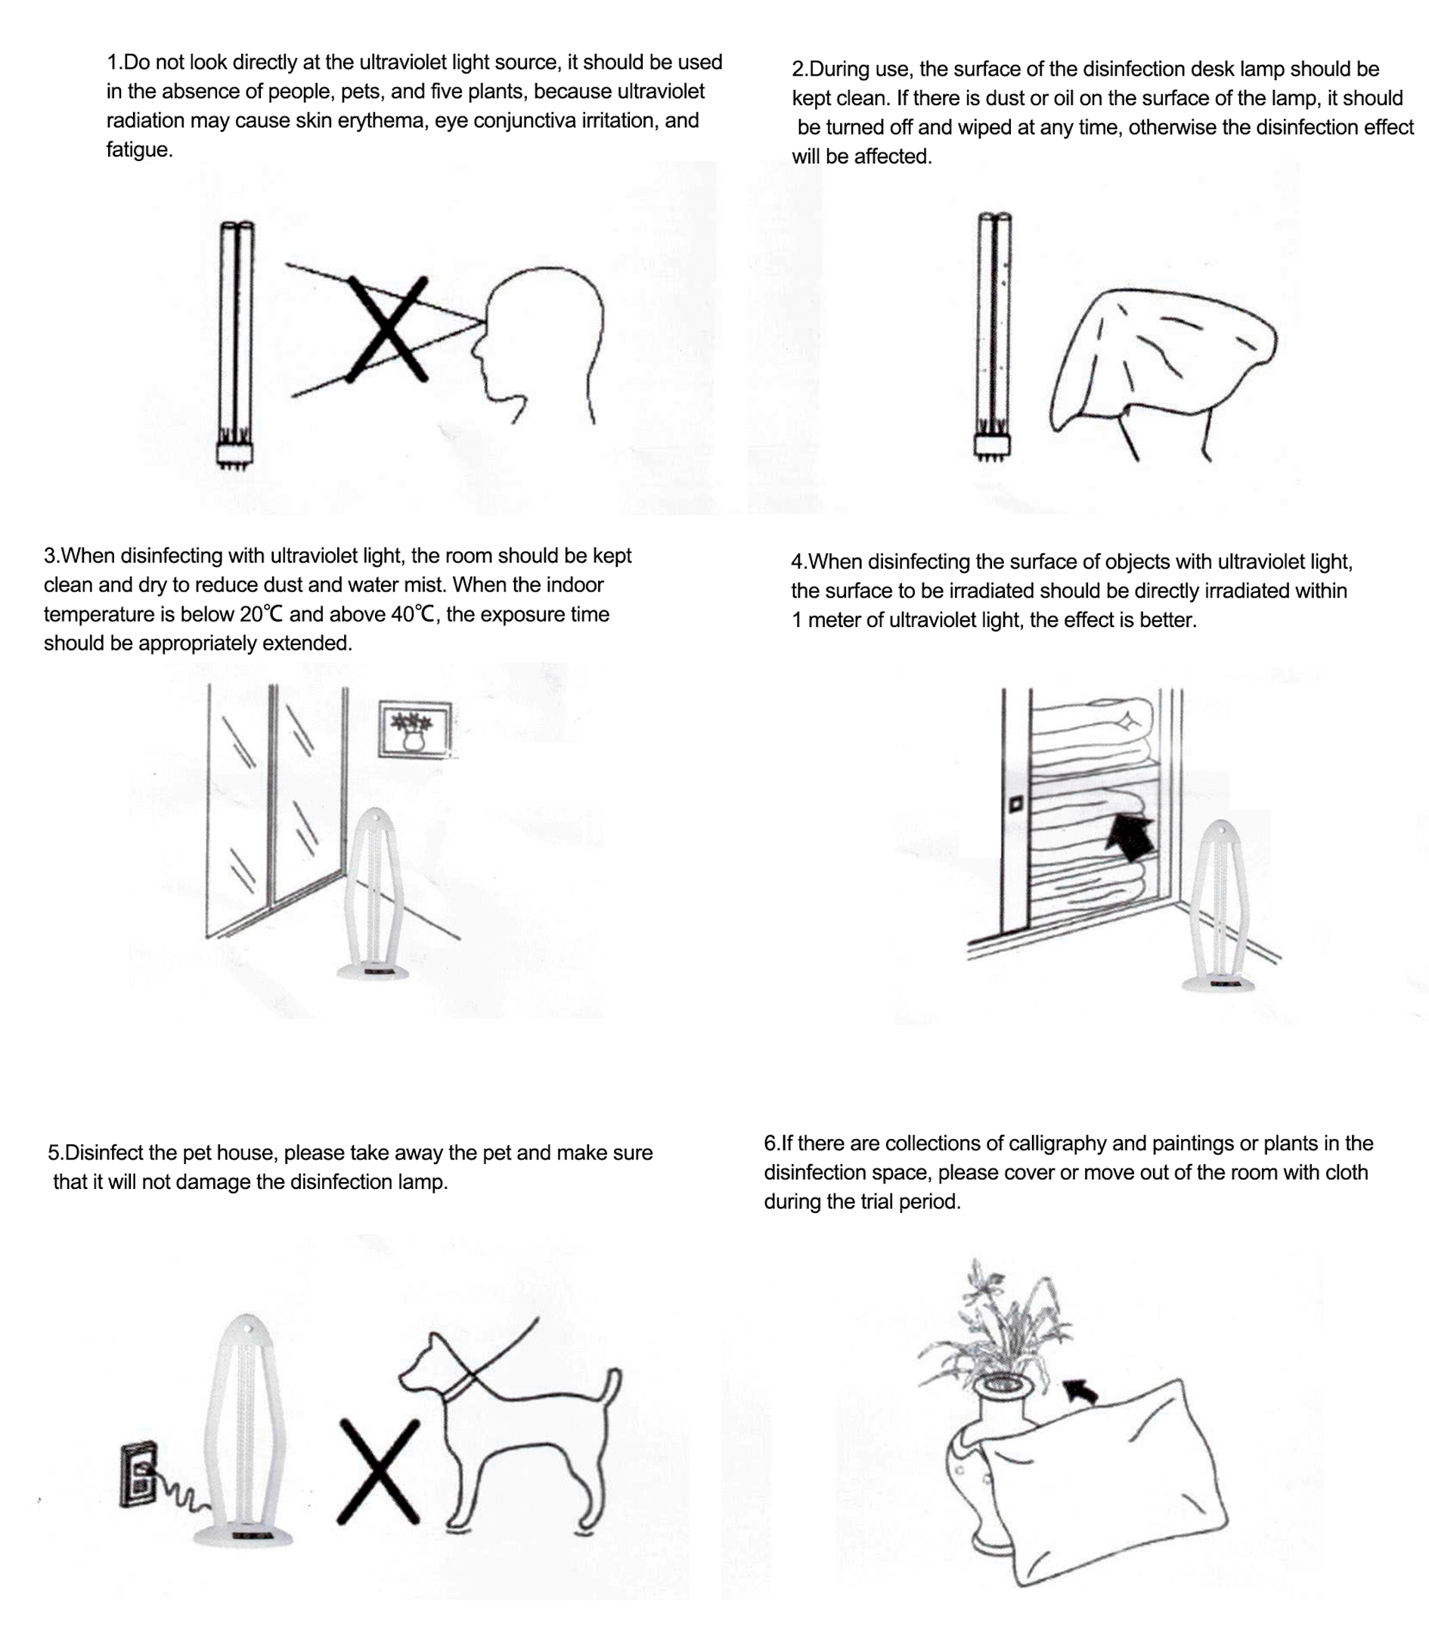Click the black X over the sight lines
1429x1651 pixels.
(388, 330)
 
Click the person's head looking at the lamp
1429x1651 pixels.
(536, 345)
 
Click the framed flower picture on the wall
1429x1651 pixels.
(414, 729)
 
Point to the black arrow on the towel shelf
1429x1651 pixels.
(1131, 837)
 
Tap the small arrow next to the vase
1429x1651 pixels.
(1080, 1392)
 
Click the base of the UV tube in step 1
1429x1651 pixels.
(233, 455)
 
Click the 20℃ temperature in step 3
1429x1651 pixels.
(262, 614)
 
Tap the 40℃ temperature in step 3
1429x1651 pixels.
(413, 614)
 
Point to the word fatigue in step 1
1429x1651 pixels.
(139, 150)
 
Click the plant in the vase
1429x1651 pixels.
(997, 1325)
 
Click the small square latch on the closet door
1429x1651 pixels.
(1015, 804)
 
